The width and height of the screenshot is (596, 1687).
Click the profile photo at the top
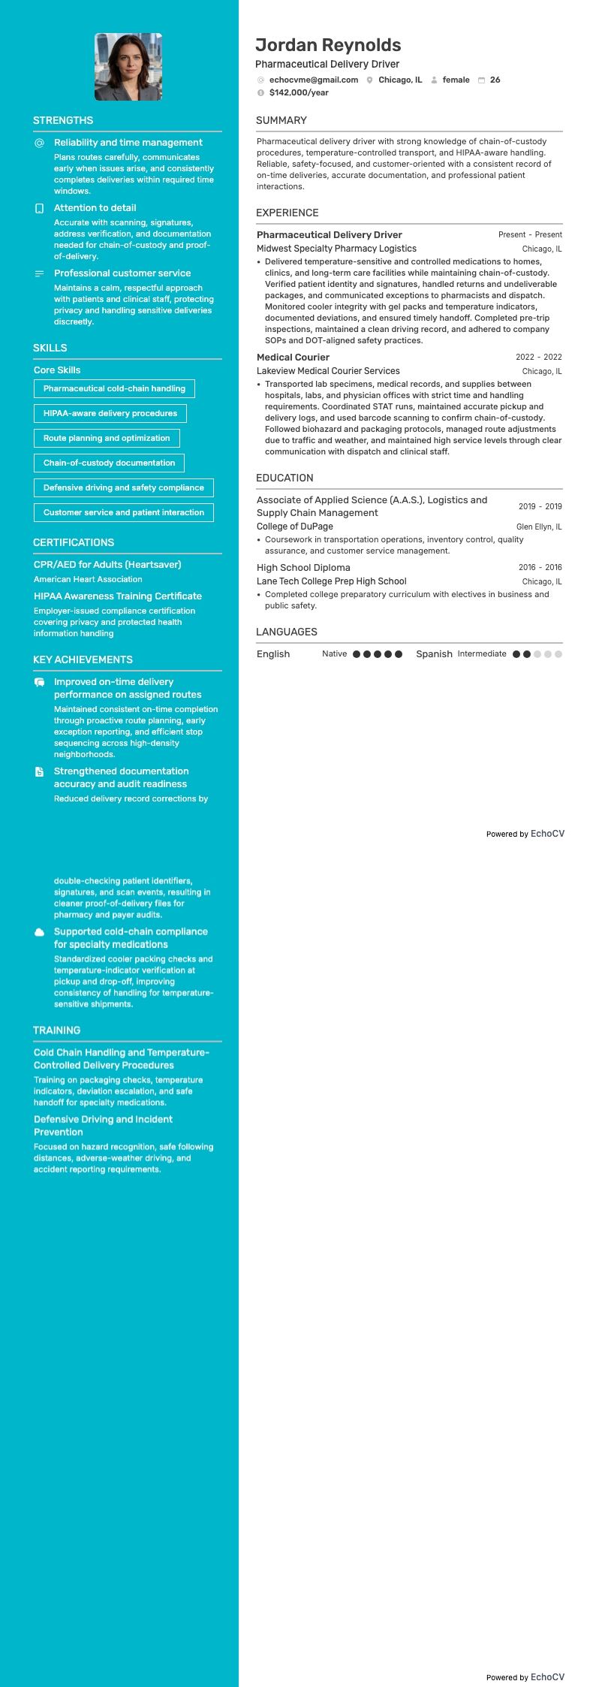[x=128, y=67]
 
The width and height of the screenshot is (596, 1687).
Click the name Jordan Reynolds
[x=328, y=45]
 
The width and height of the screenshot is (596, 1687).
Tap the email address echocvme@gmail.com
[x=314, y=80]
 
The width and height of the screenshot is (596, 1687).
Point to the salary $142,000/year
[x=299, y=92]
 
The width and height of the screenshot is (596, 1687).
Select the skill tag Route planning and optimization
[x=107, y=438]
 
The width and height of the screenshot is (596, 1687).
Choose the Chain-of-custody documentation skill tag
[x=109, y=463]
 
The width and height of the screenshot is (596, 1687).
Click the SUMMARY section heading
[x=281, y=120]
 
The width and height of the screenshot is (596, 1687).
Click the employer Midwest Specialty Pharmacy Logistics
[x=336, y=249]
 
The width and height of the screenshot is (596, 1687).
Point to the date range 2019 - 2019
[x=540, y=506]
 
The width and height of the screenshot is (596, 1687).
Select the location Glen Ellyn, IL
[x=538, y=527]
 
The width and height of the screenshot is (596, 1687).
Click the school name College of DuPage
[x=294, y=527]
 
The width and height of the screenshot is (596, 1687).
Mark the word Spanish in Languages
[x=434, y=654]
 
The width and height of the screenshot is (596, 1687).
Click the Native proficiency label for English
[x=334, y=654]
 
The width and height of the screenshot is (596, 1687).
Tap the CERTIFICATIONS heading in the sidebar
[x=74, y=542]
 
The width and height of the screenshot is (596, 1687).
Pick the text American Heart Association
[x=88, y=579]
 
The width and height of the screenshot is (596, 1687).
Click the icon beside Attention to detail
[x=40, y=208]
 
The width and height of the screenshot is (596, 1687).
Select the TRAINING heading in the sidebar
[x=56, y=1030]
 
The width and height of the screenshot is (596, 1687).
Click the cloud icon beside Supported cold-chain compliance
[x=40, y=932]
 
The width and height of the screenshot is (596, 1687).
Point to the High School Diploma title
[x=303, y=568]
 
